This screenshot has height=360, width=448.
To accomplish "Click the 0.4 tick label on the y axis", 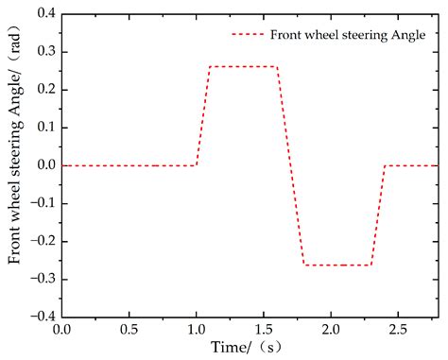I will (x=43, y=15).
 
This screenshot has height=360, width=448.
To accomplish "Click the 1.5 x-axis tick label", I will (x=264, y=331).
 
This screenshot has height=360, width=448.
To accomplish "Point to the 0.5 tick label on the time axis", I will (x=129, y=331).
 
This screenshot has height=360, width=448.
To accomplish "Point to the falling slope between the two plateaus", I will (x=290, y=165).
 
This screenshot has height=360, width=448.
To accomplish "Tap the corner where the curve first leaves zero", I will (x=197, y=165).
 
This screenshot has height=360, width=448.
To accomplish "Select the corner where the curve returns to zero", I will (x=385, y=165).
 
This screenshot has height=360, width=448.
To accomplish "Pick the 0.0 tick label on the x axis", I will (x=62, y=331).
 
